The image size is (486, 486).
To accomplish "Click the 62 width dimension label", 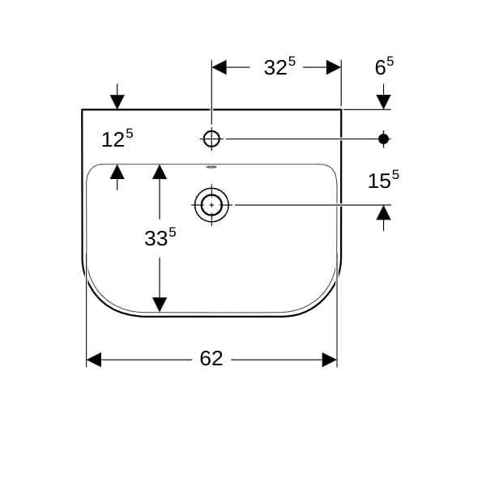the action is pyautogui.click(x=211, y=359).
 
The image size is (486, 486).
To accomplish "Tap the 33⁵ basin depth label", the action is pyautogui.click(x=160, y=237).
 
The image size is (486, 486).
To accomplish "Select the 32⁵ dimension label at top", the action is pyautogui.click(x=279, y=66).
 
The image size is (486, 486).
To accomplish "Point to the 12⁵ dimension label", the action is pyautogui.click(x=117, y=139).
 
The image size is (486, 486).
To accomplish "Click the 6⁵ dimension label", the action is pyautogui.click(x=384, y=66).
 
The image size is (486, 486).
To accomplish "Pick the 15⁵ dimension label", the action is pyautogui.click(x=383, y=180).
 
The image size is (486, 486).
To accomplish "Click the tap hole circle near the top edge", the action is pyautogui.click(x=211, y=139).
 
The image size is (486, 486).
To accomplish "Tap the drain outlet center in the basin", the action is pyautogui.click(x=211, y=205).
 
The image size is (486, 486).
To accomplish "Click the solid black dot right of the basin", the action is pyautogui.click(x=384, y=139).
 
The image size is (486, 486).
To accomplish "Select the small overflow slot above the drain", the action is pyautogui.click(x=211, y=167).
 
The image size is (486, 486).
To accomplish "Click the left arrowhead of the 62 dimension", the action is pyautogui.click(x=94, y=360).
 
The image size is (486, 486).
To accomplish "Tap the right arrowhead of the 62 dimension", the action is pyautogui.click(x=330, y=360).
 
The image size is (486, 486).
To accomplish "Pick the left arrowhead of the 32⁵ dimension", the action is pyautogui.click(x=220, y=67).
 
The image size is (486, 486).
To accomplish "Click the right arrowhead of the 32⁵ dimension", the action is pyautogui.click(x=334, y=67).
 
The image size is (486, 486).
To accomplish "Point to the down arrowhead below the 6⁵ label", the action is pyautogui.click(x=384, y=102).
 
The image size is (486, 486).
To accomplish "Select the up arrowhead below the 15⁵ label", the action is pyautogui.click(x=384, y=212).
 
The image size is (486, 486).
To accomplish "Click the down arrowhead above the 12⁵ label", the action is pyautogui.click(x=117, y=102).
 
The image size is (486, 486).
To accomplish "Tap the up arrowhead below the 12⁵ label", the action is pyautogui.click(x=117, y=172).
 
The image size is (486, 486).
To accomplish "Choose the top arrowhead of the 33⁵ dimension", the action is pyautogui.click(x=160, y=172).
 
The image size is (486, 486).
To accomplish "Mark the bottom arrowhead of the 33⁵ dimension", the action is pyautogui.click(x=160, y=305).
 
